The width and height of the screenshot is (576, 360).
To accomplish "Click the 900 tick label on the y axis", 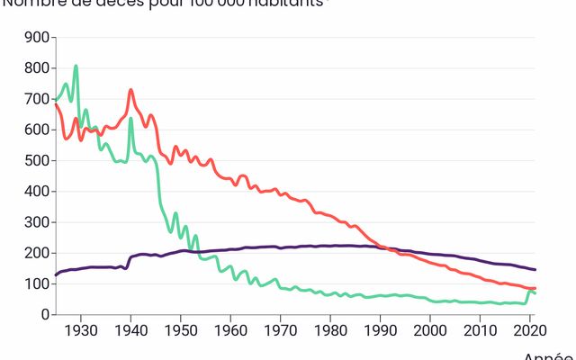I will [36, 38].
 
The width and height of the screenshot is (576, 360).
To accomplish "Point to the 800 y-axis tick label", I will [36, 68].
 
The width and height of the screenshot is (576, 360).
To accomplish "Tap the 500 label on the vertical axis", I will [36, 161].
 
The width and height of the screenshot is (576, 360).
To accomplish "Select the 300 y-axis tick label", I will [36, 222].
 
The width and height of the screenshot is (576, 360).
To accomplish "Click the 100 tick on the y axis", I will [36, 284].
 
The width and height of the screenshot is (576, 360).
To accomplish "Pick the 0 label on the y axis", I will [43, 315].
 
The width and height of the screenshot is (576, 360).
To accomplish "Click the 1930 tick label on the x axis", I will [81, 330].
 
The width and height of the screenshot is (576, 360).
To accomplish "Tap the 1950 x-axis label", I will [181, 330].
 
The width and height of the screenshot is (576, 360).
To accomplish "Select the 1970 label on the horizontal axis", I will [280, 330].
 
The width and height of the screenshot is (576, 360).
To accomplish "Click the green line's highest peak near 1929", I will [76, 66].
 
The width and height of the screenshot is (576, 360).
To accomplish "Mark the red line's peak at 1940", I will [130, 90].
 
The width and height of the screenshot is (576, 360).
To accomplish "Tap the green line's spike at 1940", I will [130, 119].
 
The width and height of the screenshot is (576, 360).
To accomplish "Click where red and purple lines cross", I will [383, 247].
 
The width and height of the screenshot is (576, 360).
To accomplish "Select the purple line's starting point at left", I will [56, 275].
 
